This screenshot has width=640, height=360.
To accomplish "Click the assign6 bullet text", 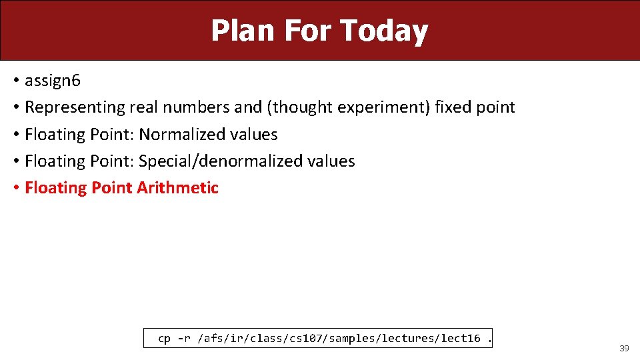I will pyautogui.click(x=52, y=81).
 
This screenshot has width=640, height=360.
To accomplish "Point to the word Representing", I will pyautogui.click(x=75, y=107).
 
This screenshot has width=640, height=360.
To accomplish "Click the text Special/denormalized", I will pyautogui.click(x=221, y=161).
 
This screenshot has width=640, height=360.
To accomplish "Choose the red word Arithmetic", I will pyautogui.click(x=177, y=188).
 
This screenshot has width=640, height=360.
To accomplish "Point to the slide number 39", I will pyautogui.click(x=624, y=349).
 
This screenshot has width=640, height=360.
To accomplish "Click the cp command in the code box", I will pyautogui.click(x=164, y=339).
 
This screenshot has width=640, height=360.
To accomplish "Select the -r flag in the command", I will pyautogui.click(x=184, y=339).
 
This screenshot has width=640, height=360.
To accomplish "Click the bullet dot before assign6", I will pyautogui.click(x=15, y=81).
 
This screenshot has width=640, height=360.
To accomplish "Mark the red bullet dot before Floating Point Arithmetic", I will pyautogui.click(x=15, y=188).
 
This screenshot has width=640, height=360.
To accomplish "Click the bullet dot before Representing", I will pyautogui.click(x=15, y=107).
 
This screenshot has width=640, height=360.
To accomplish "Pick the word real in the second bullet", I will pyautogui.click(x=144, y=107).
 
